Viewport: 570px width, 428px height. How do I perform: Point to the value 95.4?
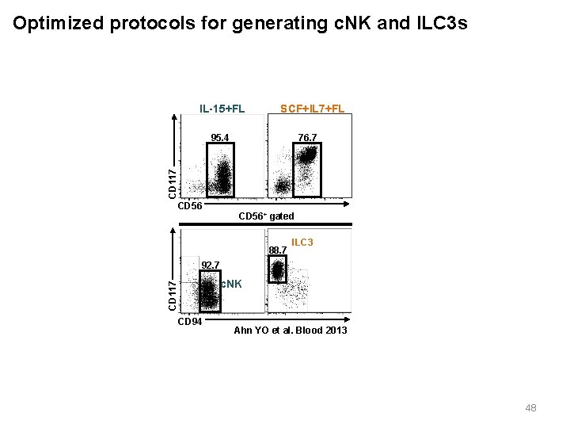[220, 138]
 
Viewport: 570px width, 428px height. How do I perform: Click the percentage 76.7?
[307, 138]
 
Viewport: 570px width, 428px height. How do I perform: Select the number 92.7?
[210, 265]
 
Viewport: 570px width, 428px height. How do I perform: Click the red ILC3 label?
[302, 242]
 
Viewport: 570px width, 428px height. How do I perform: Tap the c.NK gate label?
[231, 284]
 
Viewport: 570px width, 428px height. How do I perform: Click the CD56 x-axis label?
[191, 206]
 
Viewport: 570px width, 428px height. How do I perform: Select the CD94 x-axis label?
[190, 322]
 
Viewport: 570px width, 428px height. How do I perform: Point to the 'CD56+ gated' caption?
[266, 216]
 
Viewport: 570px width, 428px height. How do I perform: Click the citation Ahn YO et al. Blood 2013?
[290, 330]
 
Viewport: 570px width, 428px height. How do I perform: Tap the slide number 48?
[530, 408]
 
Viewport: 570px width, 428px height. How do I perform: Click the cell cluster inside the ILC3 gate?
[277, 272]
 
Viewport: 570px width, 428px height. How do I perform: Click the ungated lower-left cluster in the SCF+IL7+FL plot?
[281, 188]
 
